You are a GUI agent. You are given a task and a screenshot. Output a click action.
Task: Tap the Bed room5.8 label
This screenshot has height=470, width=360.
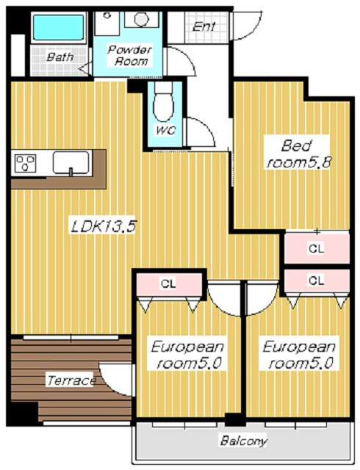point(298,154)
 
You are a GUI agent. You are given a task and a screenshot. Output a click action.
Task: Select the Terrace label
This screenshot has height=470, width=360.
point(71,380)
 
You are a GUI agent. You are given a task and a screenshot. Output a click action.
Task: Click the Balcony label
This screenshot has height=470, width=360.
point(243,441)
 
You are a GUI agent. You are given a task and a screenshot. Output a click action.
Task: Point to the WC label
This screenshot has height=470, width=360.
point(165,131)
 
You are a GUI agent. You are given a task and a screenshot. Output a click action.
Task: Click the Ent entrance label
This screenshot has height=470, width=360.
point(204,26)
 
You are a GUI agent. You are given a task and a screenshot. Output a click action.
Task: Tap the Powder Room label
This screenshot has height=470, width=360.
point(129,56)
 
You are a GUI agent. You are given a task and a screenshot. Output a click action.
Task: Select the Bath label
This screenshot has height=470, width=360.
point(60,57)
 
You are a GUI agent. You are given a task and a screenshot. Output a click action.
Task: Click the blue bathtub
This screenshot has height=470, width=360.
point(58,28)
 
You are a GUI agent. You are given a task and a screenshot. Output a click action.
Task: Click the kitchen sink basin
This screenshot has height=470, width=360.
point(71,163)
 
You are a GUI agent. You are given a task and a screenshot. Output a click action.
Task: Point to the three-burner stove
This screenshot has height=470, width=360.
point(26,163)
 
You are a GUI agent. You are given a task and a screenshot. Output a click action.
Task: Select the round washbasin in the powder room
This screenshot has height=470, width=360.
point(141,19)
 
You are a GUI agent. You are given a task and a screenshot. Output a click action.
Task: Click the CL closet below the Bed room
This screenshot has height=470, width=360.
point(317,248)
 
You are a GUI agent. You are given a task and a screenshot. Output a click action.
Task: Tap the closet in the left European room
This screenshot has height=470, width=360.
point(168,284)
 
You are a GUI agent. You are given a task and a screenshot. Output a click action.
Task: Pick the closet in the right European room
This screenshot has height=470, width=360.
point(317,281)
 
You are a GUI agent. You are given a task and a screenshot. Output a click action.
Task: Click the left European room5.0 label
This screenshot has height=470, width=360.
point(188,355)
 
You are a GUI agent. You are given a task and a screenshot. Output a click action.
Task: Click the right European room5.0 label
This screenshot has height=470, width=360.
point(300,355)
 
